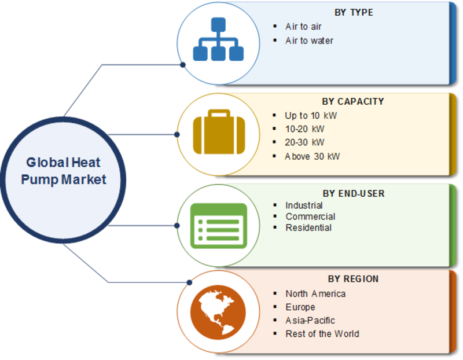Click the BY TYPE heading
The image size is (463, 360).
(354, 12)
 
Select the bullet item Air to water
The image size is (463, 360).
(309, 41)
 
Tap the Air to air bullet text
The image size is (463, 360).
(303, 27)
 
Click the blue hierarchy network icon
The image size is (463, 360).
(218, 39)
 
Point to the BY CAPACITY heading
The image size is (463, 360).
(353, 101)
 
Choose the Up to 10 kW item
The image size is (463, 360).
(311, 116)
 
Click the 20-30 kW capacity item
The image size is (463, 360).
(304, 142)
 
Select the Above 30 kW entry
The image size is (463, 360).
(312, 156)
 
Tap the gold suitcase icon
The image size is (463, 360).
(219, 132)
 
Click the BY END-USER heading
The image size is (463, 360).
(354, 193)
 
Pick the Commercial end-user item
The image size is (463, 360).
(310, 216)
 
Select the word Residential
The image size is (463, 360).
(308, 227)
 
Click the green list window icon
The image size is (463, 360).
(219, 226)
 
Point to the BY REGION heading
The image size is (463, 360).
(353, 279)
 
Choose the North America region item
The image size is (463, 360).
(315, 294)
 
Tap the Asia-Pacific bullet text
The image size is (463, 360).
(310, 321)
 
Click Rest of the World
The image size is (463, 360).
(322, 334)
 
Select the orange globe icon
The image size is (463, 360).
(218, 312)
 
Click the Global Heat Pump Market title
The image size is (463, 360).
(63, 171)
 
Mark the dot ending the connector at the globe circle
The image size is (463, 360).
(190, 282)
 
